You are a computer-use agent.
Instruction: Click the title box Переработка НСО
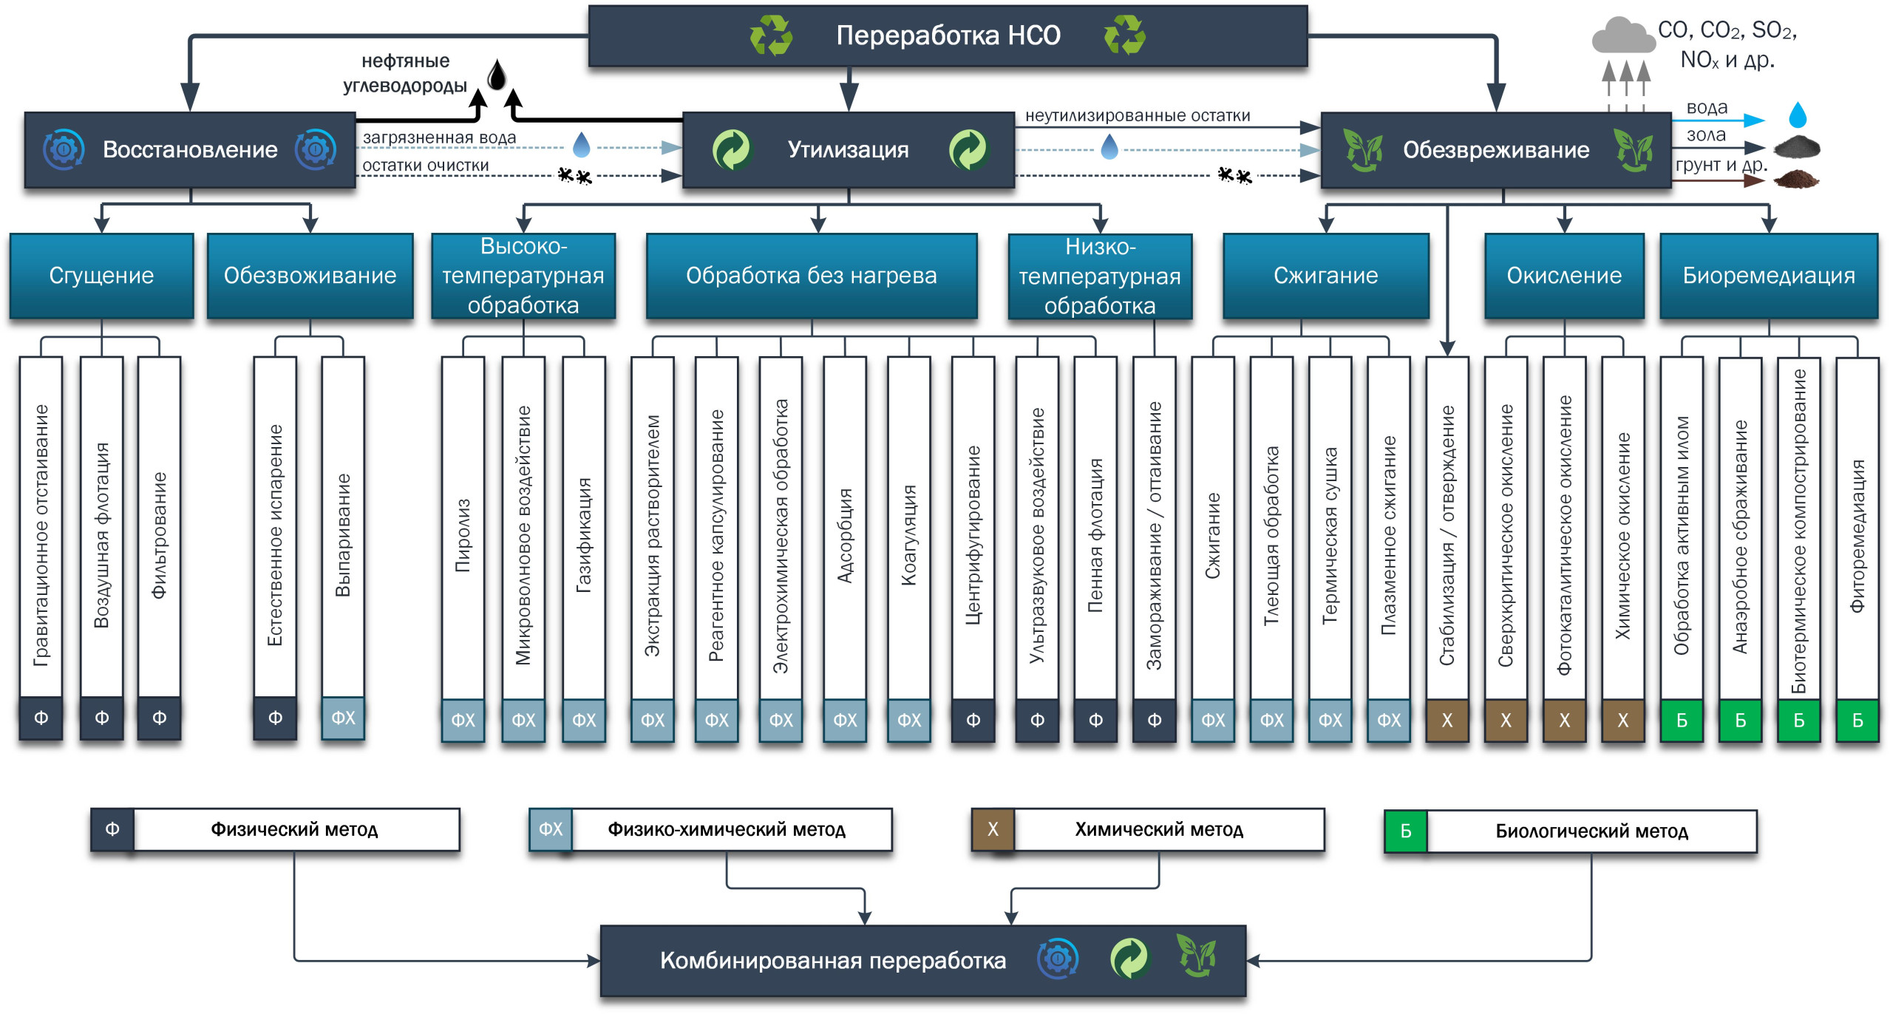click(x=948, y=35)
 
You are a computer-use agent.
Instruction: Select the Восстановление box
click(x=190, y=150)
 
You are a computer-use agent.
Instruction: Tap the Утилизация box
click(x=848, y=150)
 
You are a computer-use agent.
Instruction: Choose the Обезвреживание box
click(x=1495, y=150)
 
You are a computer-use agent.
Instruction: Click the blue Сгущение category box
click(x=101, y=276)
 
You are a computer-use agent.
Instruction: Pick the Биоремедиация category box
click(x=1768, y=276)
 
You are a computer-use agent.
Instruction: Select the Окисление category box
click(x=1564, y=276)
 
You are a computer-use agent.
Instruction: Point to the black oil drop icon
click(x=497, y=75)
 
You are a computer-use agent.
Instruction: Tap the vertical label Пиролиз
click(x=463, y=536)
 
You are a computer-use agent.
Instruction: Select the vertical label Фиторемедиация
click(x=1857, y=536)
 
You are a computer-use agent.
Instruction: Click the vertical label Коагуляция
click(x=908, y=536)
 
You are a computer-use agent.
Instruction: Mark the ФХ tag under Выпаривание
click(x=343, y=718)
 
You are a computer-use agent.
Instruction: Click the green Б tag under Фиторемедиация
click(x=1857, y=720)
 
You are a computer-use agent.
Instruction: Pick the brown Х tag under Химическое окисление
click(x=1622, y=720)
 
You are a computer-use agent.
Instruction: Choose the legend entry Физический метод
click(x=294, y=829)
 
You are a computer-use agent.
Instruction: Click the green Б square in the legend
click(x=1405, y=831)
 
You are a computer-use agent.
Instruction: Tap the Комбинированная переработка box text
click(x=832, y=960)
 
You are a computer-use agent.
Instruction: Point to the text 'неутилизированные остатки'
click(x=1137, y=115)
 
